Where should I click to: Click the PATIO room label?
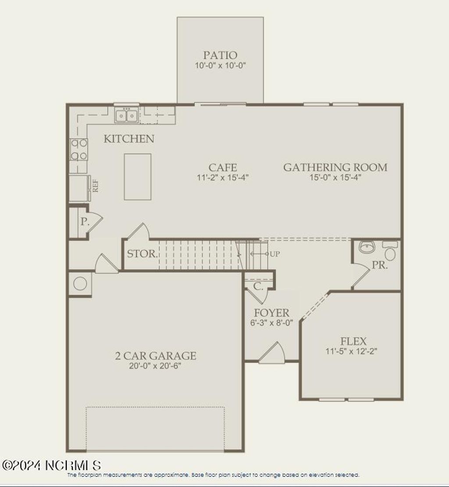220,55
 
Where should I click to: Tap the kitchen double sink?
127,115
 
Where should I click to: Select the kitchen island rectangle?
137,176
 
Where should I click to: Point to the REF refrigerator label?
95,185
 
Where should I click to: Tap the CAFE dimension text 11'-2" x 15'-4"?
223,178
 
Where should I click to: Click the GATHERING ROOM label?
335,167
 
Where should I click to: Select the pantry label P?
84,222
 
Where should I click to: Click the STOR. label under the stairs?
142,254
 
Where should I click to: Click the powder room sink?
366,247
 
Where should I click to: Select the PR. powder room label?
380,265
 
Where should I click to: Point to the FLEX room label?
353,341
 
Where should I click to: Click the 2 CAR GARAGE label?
155,356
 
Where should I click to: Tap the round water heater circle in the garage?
80,283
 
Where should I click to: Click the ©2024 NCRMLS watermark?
51,465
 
